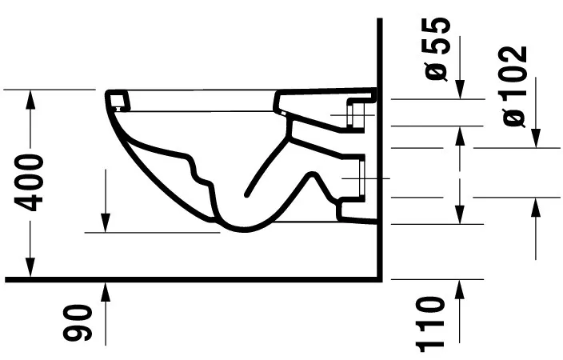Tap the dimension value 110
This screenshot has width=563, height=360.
(x=431, y=323)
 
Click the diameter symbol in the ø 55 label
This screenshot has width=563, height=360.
(x=437, y=70)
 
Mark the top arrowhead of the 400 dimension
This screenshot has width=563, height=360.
(x=31, y=98)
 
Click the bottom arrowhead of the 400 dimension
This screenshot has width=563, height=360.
(x=31, y=267)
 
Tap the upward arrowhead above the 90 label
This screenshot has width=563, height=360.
(x=106, y=290)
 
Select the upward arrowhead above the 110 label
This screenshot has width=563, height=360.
(x=460, y=289)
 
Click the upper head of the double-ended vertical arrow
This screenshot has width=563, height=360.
(x=460, y=134)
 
